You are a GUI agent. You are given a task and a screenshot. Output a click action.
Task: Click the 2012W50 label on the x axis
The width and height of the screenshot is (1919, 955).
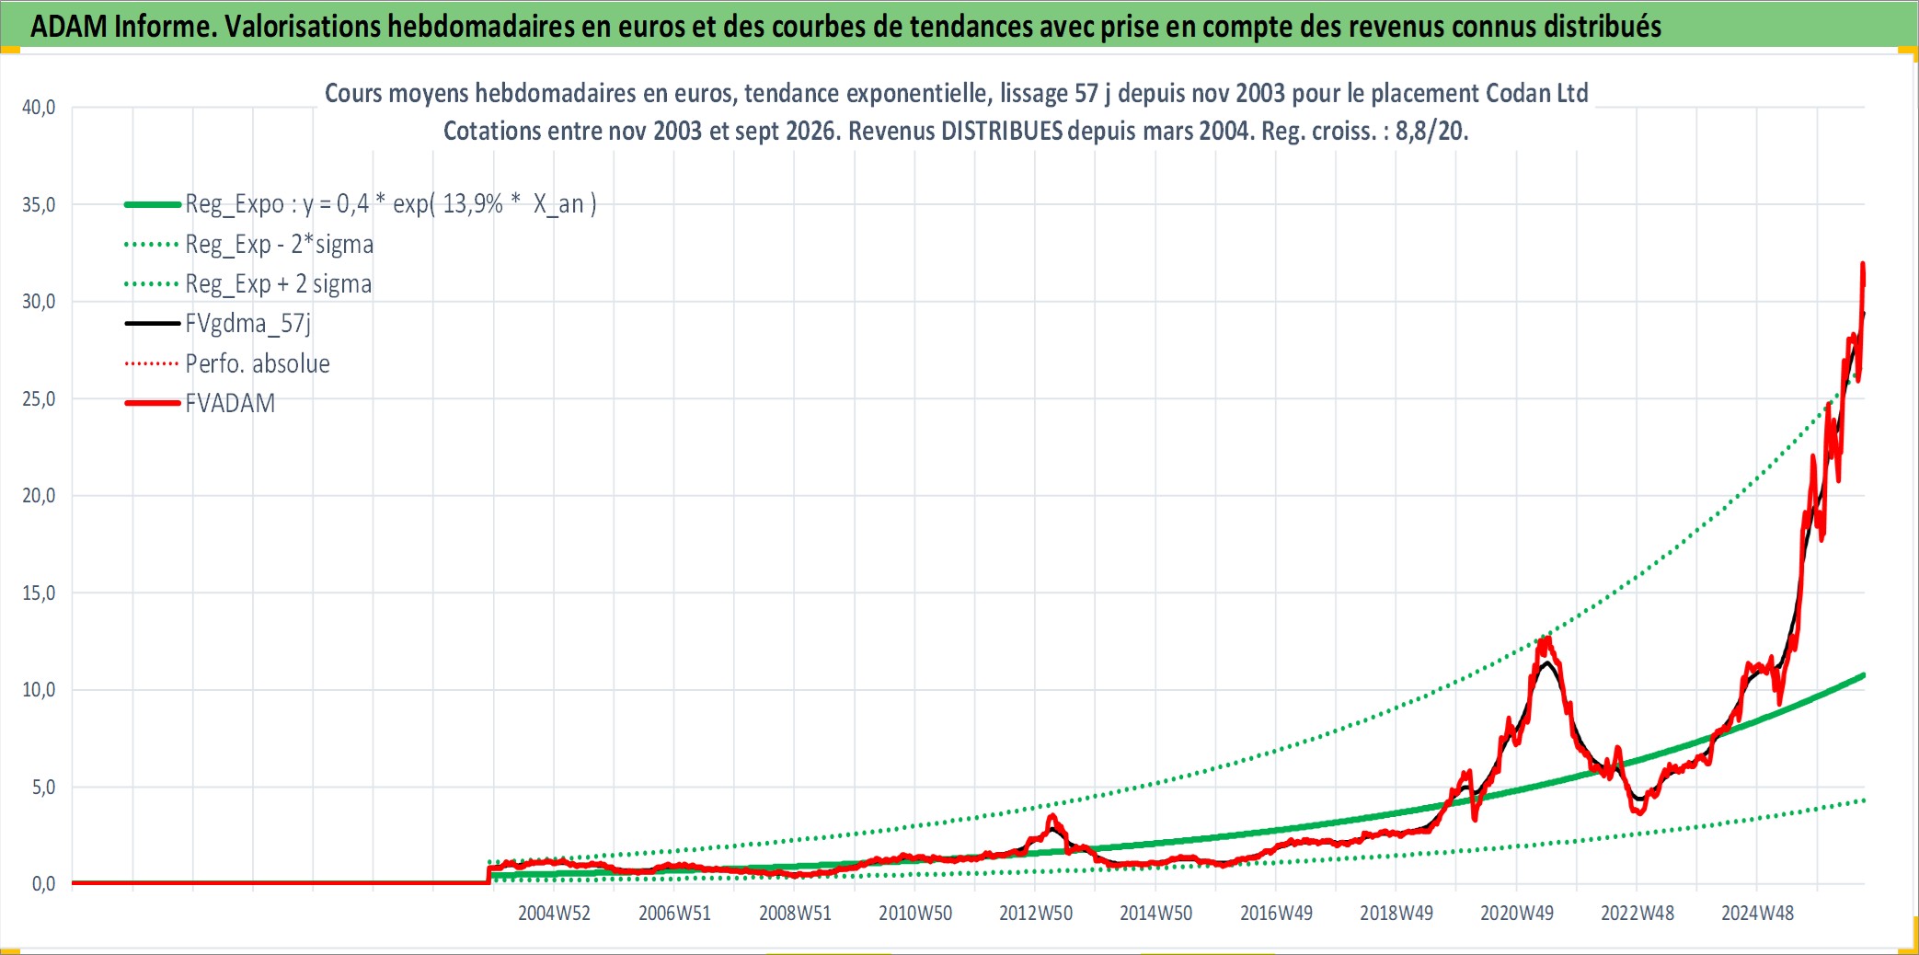[x=1036, y=913]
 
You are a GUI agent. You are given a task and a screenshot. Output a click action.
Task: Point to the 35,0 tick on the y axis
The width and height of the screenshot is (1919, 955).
[x=39, y=204]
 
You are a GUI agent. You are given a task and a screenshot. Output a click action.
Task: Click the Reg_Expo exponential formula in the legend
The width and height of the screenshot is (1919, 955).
[x=391, y=204]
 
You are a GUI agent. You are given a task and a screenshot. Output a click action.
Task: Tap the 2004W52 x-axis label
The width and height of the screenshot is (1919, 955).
[x=554, y=913]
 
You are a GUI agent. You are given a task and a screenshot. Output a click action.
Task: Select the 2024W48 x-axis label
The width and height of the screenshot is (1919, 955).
[x=1757, y=913]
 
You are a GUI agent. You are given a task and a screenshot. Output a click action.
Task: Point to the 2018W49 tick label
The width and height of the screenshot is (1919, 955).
[x=1396, y=913]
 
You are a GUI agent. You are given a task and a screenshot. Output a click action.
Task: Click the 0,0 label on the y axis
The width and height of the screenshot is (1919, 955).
[x=43, y=884]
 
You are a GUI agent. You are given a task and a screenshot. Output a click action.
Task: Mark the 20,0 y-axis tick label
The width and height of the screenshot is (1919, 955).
[x=39, y=496]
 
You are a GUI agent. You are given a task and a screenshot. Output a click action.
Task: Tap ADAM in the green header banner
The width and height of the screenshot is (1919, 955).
[x=69, y=27]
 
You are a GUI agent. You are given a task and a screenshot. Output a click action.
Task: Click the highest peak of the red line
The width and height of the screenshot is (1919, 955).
[x=1863, y=264]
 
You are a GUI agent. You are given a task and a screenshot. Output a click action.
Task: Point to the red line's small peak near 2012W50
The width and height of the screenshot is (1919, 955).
[x=1052, y=816]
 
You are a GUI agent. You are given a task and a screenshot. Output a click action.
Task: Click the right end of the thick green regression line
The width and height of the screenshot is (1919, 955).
[x=1864, y=675]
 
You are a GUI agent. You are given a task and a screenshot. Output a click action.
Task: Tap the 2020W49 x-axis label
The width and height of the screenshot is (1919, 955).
[x=1517, y=913]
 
